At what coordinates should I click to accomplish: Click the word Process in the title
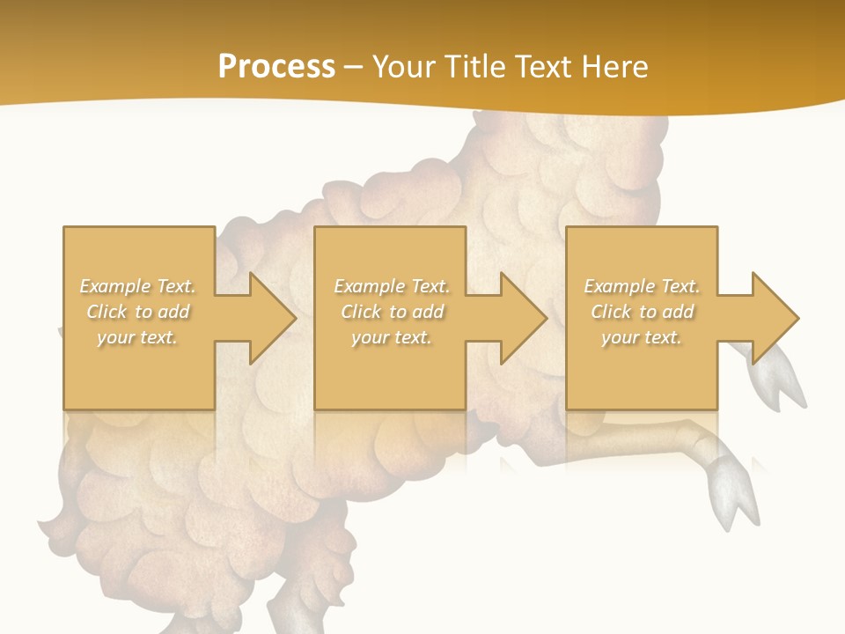276,67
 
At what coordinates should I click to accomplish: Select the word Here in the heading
616,67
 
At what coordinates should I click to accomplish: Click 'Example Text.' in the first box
138,286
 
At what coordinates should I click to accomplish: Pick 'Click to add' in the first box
138,312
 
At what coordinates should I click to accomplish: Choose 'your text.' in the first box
138,337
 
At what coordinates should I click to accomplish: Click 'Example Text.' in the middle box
392,286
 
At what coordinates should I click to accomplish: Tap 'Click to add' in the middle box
392,312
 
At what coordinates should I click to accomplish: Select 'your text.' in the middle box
392,337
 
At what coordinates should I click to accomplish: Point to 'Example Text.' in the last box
642,286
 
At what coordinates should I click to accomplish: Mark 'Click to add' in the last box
642,312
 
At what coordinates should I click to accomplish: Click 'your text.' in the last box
642,337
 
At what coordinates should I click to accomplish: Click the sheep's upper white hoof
786,379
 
